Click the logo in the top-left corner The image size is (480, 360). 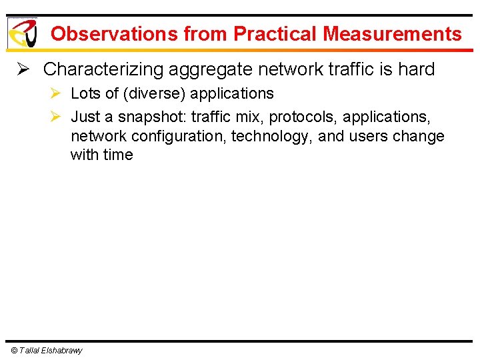pos(22,33)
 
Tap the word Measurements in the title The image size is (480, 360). pos(393,34)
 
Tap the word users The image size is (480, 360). pos(369,136)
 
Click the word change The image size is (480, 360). pos(419,136)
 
